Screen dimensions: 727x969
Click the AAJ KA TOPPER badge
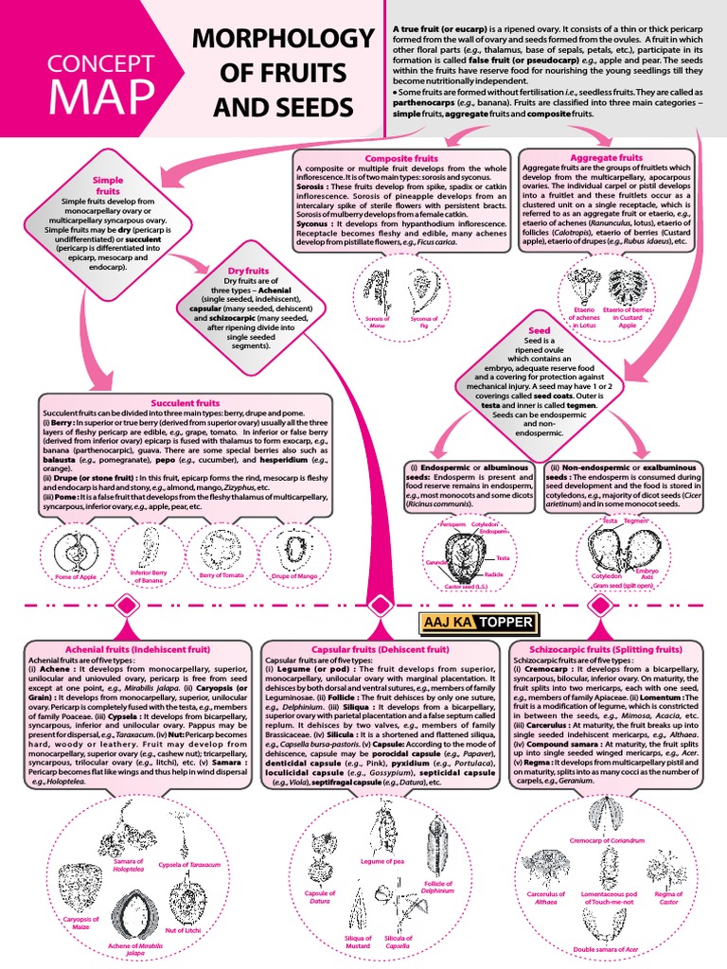[477, 621]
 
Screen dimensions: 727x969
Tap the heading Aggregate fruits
[607, 157]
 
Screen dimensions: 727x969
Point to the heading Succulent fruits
[186, 402]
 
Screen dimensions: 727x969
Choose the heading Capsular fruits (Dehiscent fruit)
[380, 650]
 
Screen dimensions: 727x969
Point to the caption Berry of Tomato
[222, 576]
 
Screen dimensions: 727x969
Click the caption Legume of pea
[383, 861]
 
